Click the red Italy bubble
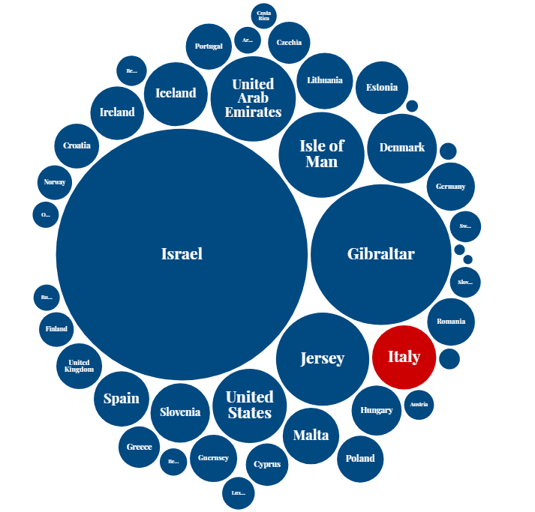[404, 357]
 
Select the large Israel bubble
[182, 253]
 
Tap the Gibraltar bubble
[380, 253]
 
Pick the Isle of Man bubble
[321, 154]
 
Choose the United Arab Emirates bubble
[253, 98]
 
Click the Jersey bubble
[322, 358]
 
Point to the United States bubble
[250, 405]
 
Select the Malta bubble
[311, 436]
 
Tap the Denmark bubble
[401, 148]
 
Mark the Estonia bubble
[382, 88]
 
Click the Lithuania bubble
[325, 80]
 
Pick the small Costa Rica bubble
[263, 15]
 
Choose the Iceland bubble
[176, 93]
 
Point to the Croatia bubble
[77, 145]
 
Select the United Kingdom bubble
[79, 366]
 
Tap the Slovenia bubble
[180, 412]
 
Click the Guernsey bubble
[214, 458]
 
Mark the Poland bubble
[360, 458]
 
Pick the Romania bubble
[451, 322]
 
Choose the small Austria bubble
[419, 405]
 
